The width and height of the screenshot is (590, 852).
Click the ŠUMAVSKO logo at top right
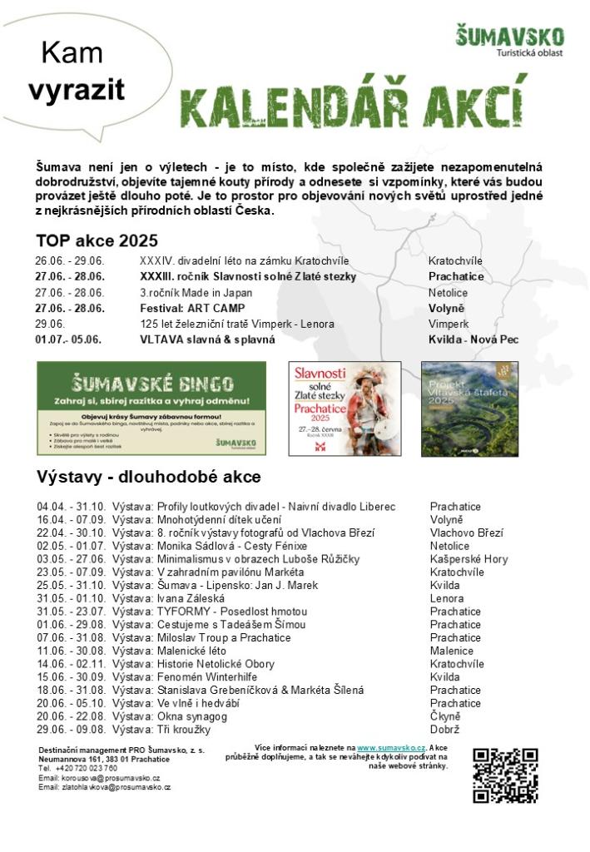pyautogui.click(x=509, y=40)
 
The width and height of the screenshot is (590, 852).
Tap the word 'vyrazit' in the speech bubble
pyautogui.click(x=77, y=90)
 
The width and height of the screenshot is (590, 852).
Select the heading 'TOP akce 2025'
pyautogui.click(x=97, y=241)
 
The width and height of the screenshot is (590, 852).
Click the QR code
pyautogui.click(x=505, y=775)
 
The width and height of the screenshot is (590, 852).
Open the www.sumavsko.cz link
pyautogui.click(x=379, y=748)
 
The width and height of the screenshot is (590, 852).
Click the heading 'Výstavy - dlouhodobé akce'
pyautogui.click(x=149, y=477)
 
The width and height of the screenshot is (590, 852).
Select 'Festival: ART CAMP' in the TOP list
pyautogui.click(x=192, y=308)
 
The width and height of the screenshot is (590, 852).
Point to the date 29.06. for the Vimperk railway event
pyautogui.click(x=50, y=324)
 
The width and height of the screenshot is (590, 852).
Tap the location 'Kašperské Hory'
pyautogui.click(x=469, y=559)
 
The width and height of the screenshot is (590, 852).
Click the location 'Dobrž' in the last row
pyautogui.click(x=445, y=730)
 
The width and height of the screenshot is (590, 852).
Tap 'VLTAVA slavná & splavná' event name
pyautogui.click(x=207, y=339)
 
